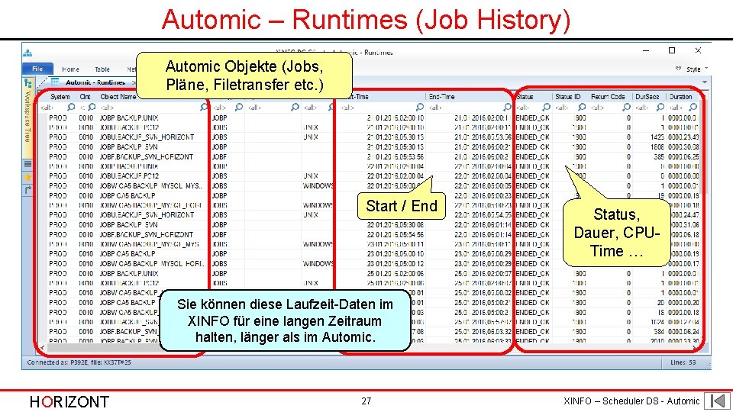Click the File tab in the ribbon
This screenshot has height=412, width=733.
(38, 69)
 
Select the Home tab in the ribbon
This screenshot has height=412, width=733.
(70, 69)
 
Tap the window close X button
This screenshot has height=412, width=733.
(697, 51)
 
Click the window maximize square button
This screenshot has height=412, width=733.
(672, 51)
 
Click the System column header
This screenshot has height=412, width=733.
(60, 97)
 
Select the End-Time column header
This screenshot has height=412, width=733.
(442, 97)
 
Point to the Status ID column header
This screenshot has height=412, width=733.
(568, 97)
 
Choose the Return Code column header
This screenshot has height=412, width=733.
(608, 97)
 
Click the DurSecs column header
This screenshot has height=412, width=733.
(647, 97)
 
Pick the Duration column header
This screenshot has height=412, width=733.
(680, 97)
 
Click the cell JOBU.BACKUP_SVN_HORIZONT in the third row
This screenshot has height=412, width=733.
(147, 137)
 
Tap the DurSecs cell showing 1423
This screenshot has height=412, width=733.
(654, 137)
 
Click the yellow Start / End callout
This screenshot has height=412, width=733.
(402, 206)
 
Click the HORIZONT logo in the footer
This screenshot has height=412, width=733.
(69, 401)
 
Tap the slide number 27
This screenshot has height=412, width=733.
(366, 401)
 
